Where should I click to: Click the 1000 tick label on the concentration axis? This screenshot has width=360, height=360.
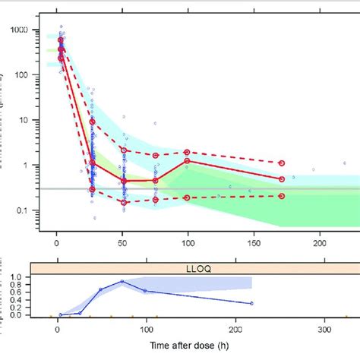27,30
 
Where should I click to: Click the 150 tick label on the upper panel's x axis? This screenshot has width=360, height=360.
252,242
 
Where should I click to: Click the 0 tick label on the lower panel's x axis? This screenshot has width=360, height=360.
57,330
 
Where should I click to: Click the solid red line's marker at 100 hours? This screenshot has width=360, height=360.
187,161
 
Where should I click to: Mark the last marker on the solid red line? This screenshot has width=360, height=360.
282,179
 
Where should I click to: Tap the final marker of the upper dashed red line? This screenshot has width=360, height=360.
282,163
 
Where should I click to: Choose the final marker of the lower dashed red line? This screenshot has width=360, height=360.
282,196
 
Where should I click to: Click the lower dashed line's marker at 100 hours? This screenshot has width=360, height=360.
187,197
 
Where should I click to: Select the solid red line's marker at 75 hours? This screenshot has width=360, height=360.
156,180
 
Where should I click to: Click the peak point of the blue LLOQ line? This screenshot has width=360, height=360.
122,281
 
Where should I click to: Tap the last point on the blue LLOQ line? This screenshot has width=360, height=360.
251,304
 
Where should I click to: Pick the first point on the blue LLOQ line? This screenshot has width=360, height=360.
61,314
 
